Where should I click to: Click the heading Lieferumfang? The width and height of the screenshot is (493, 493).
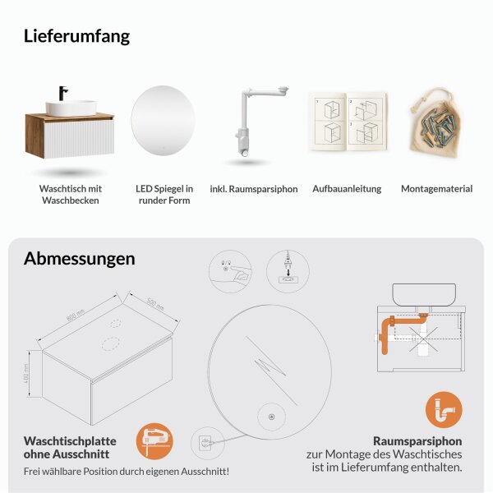(76, 36)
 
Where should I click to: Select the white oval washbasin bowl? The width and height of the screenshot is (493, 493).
(71, 108)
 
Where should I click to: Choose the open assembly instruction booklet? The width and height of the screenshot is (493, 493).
(347, 122)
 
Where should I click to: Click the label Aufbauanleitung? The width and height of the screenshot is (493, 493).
(347, 189)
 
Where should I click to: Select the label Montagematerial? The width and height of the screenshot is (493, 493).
(436, 189)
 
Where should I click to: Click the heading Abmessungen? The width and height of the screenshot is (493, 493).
(80, 259)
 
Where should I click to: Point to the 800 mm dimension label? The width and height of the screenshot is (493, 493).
(75, 316)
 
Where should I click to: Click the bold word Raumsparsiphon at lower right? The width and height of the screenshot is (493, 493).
(417, 440)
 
